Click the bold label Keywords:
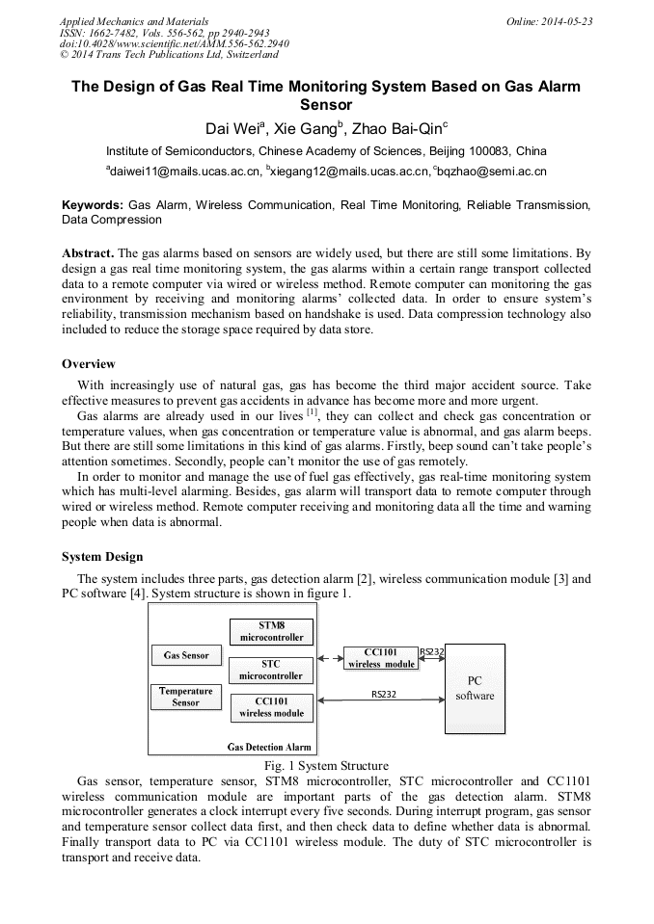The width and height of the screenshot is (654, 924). tap(93, 205)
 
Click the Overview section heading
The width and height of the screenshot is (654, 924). tap(89, 364)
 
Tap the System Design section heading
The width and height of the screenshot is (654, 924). tap(102, 557)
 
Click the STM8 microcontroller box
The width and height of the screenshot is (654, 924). tap(271, 631)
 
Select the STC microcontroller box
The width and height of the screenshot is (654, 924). tap(271, 670)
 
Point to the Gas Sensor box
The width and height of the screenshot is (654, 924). tap(186, 655)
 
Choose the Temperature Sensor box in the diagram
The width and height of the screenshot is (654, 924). tap(186, 697)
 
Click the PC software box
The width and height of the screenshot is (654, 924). tap(475, 688)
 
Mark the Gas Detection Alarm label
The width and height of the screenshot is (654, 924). tap(269, 747)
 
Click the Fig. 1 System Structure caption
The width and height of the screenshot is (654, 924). tap(326, 766)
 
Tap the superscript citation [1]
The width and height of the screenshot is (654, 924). tap(312, 411)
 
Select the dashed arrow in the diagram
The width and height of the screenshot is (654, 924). tap(329, 659)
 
